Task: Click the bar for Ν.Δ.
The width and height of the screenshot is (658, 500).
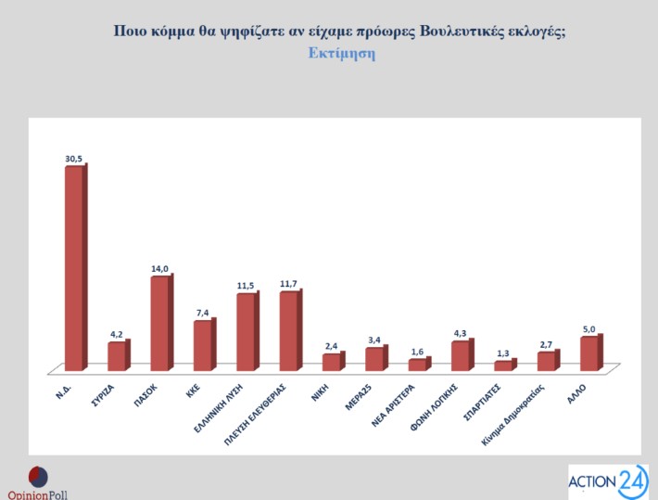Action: point(73,268)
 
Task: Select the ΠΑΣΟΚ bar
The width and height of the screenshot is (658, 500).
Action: point(159,323)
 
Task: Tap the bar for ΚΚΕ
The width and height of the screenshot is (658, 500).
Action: point(202,345)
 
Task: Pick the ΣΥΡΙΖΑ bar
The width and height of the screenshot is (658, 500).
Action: point(116,356)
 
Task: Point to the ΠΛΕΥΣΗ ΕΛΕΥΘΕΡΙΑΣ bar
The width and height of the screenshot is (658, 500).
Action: point(288,331)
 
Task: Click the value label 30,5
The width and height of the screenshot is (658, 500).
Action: point(74,159)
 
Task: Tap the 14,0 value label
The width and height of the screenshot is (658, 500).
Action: point(160,268)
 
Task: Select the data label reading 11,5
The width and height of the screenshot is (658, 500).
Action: point(246,286)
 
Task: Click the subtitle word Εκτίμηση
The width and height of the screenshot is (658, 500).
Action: point(341,53)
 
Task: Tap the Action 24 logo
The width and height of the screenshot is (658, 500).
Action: point(608,481)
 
